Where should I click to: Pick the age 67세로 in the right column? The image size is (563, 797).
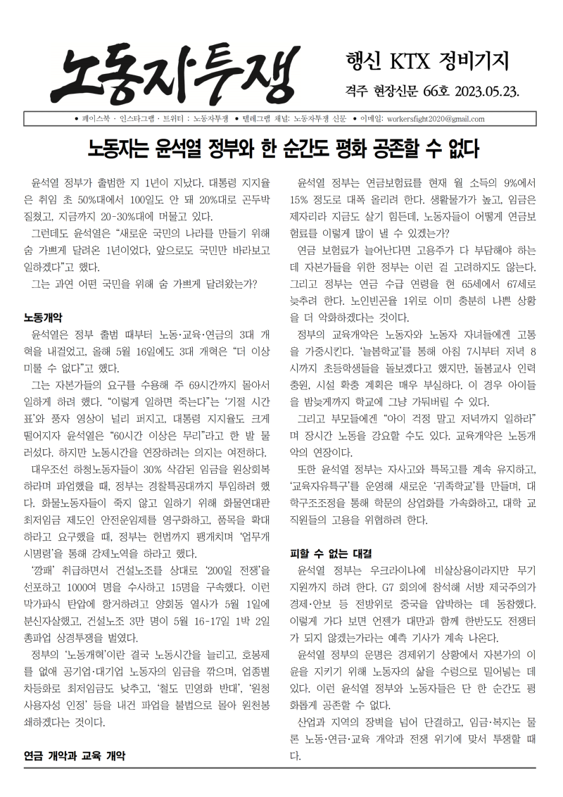[520, 284]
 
